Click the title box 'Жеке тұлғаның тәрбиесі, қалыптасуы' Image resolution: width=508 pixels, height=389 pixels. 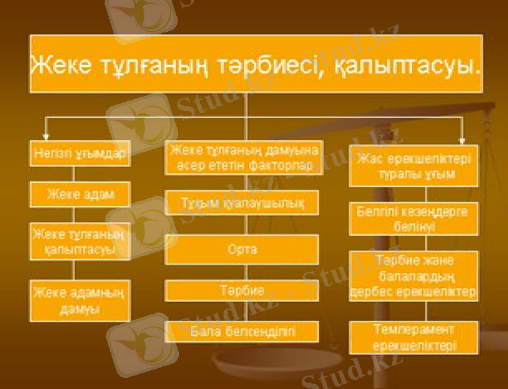tap(256, 64)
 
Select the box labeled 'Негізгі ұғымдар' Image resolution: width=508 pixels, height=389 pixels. tap(79, 154)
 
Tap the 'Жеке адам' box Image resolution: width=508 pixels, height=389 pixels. tap(80, 194)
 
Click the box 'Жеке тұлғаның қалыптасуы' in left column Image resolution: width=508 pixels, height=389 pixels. tap(80, 241)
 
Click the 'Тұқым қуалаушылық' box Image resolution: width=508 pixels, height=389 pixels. tap(242, 203)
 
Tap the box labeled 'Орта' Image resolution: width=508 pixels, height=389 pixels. tap(242, 249)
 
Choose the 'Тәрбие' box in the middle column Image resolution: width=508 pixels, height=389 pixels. tap(242, 290)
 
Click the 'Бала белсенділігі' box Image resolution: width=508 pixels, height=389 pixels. tap(242, 331)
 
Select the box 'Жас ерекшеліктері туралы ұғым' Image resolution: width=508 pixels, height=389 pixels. tap(414, 166)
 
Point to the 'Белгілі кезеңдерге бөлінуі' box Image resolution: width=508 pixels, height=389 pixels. tap(414, 219)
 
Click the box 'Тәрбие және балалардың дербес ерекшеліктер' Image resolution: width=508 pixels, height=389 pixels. tap(414, 276)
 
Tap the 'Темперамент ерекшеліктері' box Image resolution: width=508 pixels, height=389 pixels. tap(414, 337)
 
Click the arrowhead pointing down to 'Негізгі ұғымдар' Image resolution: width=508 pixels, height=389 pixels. tap(45, 136)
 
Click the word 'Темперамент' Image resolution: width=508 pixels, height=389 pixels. tap(414, 329)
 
